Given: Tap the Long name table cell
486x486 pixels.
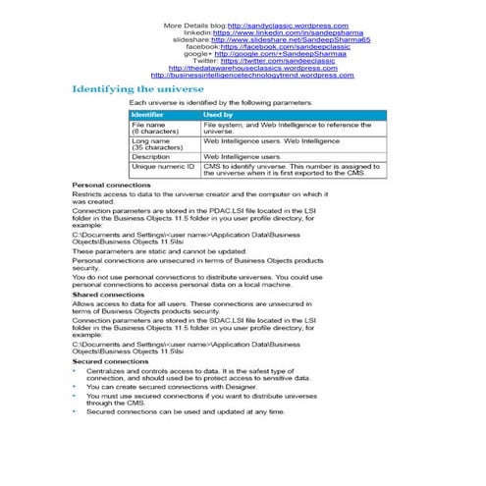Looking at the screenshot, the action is [x=151, y=144].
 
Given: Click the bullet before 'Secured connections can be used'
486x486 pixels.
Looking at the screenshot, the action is [x=76, y=411].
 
